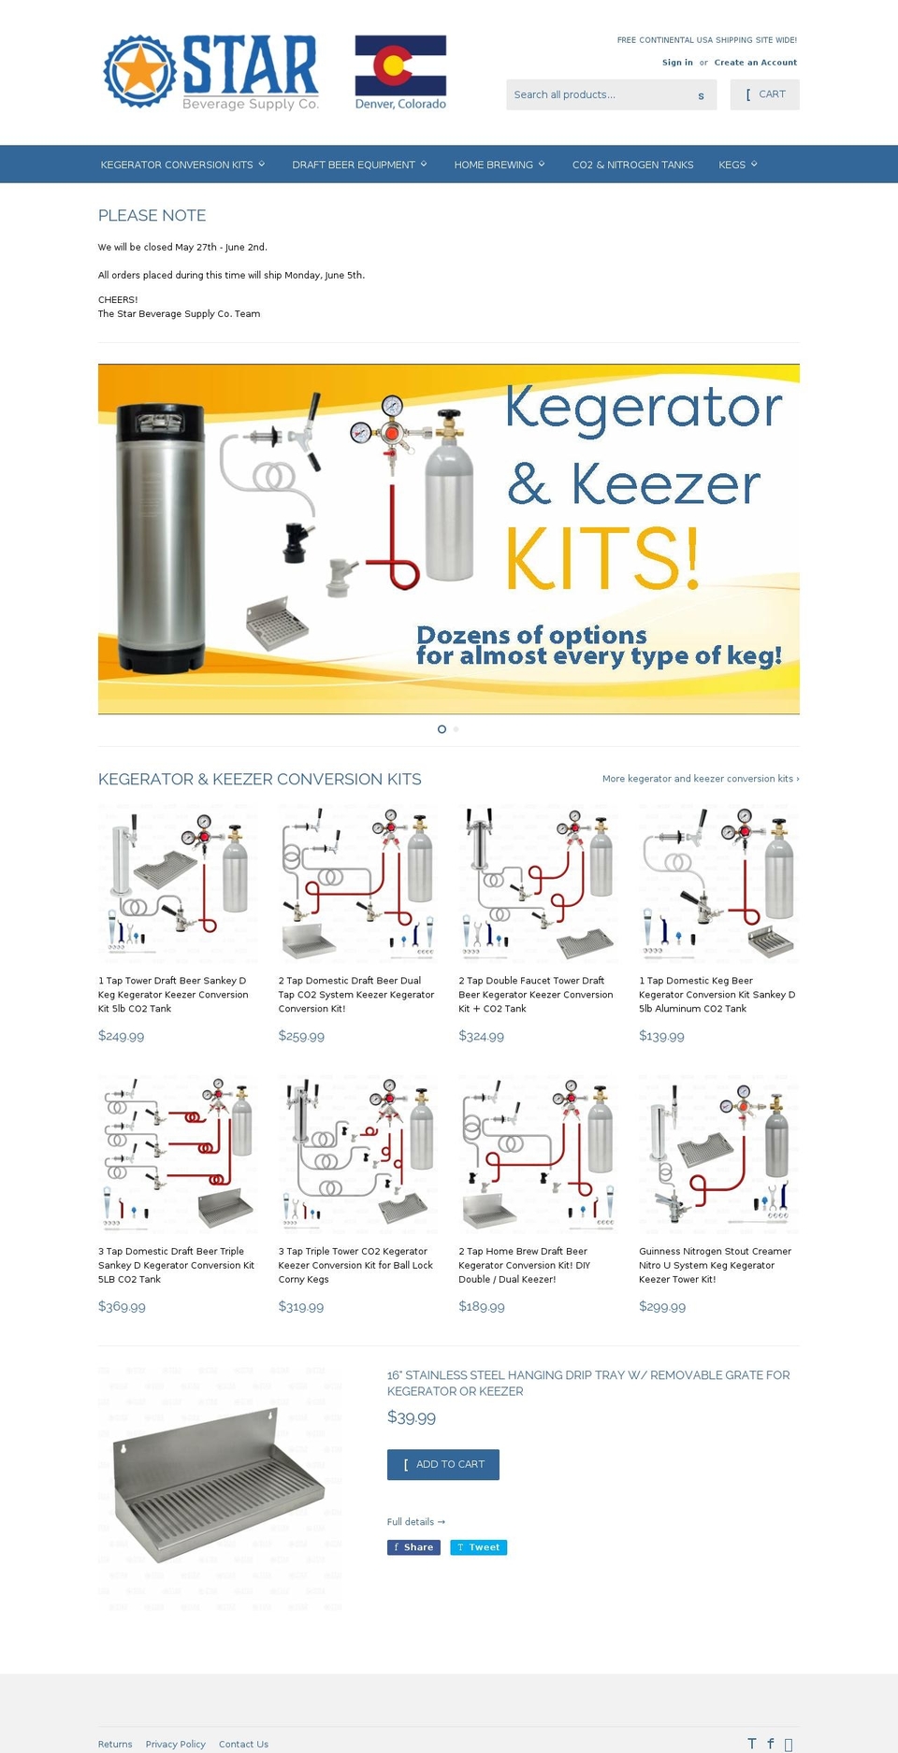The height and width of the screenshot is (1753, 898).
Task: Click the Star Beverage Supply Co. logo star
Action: (140, 72)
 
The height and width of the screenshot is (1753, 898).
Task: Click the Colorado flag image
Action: (400, 65)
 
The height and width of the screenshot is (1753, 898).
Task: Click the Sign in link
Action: (677, 63)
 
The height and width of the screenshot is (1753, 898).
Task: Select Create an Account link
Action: (755, 63)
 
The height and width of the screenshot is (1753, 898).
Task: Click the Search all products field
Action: (599, 94)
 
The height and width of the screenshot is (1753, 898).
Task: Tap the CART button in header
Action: (764, 94)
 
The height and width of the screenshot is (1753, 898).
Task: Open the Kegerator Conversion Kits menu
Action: (182, 165)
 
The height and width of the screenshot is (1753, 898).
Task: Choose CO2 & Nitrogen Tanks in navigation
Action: (632, 165)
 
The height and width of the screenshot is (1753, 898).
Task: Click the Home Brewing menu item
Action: (499, 165)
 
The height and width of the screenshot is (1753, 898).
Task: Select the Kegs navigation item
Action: (737, 165)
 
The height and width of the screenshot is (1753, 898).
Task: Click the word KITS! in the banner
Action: (601, 558)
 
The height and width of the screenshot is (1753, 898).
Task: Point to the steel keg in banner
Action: (160, 538)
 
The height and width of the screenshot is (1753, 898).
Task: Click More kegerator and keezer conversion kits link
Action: (700, 779)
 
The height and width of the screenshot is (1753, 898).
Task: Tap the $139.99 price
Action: (661, 1036)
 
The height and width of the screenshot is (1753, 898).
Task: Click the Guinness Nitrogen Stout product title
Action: (715, 1265)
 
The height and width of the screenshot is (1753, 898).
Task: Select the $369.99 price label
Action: (122, 1306)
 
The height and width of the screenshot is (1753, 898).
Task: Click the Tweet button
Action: (478, 1547)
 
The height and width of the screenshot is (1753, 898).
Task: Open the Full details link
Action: (415, 1522)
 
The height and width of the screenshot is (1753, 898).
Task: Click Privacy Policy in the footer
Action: (175, 1744)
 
